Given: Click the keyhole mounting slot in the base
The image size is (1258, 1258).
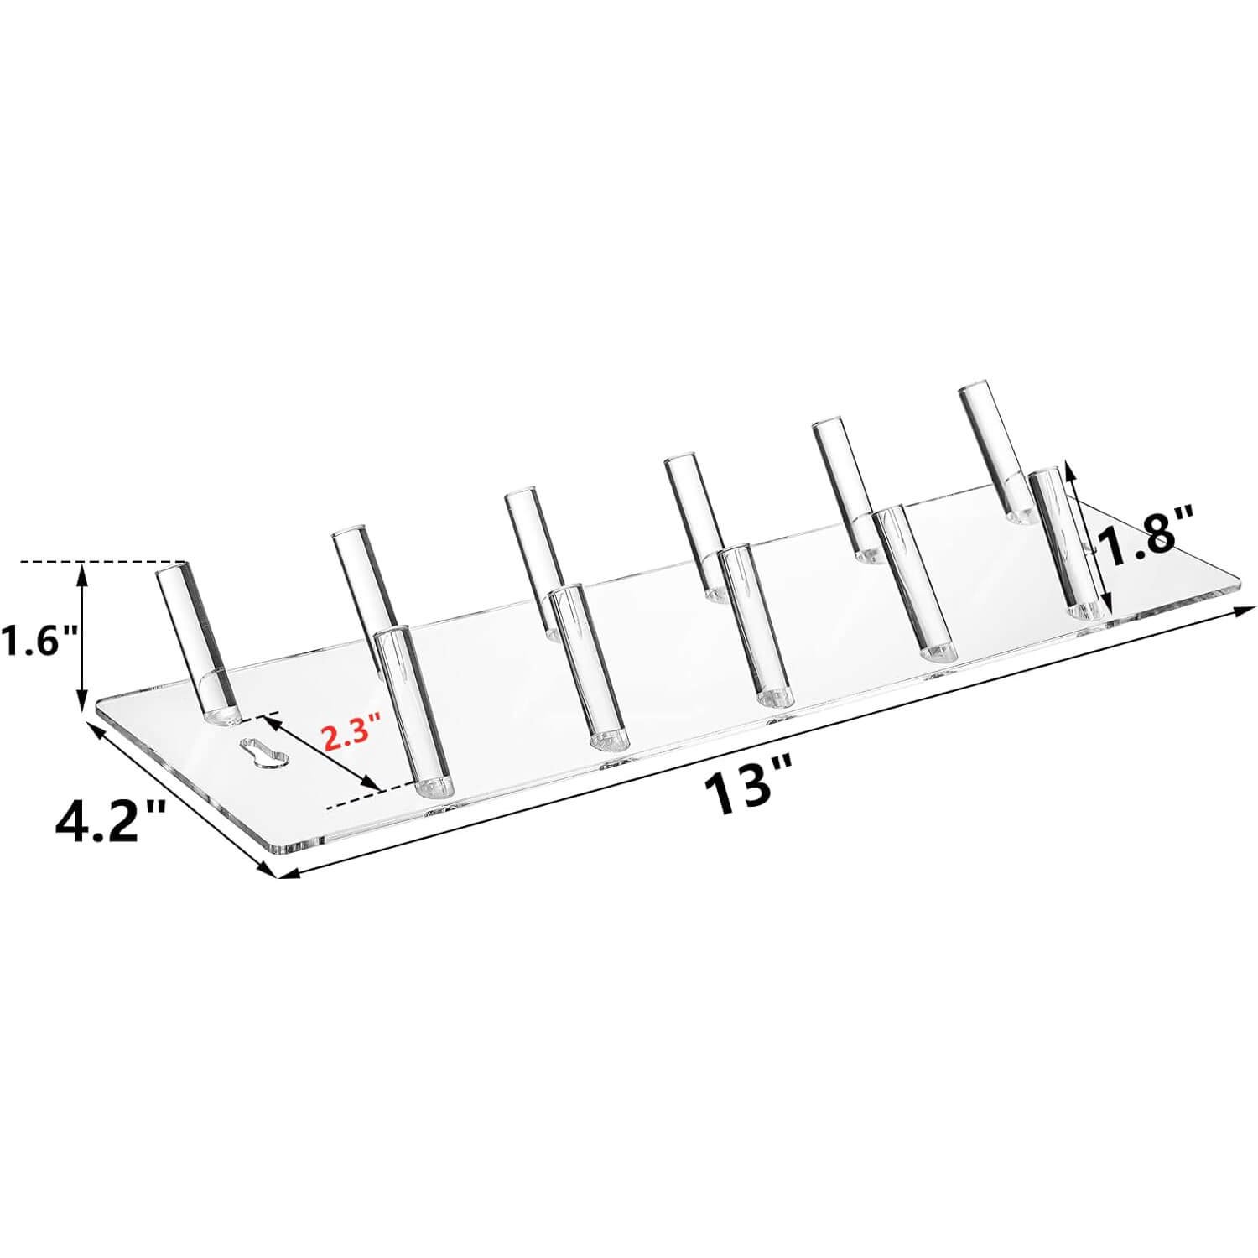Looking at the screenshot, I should [263, 751].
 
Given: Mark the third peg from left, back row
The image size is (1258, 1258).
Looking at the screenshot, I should [534, 554].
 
